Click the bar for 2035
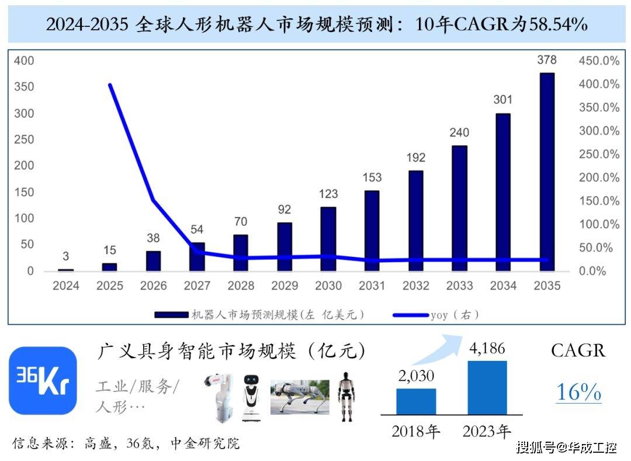(547, 172)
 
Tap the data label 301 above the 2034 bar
(502, 100)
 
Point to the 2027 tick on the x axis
(197, 286)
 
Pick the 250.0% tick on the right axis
(599, 154)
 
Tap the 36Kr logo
(43, 381)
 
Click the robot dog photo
(299, 397)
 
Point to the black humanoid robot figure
(346, 396)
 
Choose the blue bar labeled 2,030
(416, 401)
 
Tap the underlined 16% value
(578, 392)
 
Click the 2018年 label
(416, 432)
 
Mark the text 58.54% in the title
(558, 25)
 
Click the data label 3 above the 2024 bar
(66, 256)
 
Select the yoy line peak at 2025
(110, 85)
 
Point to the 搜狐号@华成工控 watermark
(566, 448)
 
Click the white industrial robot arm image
(220, 398)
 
